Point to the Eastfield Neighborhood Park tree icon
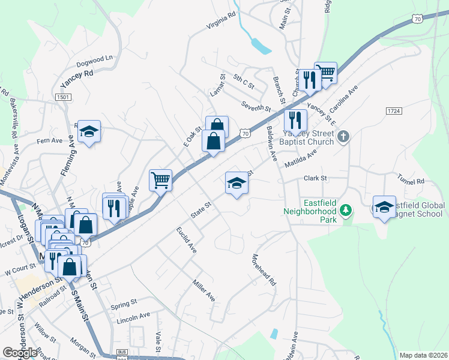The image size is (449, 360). pyautogui.click(x=345, y=211)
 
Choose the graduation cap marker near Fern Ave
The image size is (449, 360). pyautogui.click(x=89, y=132)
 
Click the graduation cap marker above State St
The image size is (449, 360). pyautogui.click(x=237, y=183)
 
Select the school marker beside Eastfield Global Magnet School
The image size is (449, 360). pyautogui.click(x=384, y=208)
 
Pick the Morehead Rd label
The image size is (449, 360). pyautogui.click(x=263, y=271)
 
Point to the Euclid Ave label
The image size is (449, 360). pyautogui.click(x=186, y=239)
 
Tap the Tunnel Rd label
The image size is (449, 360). pyautogui.click(x=411, y=180)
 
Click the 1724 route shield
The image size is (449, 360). pyautogui.click(x=394, y=112)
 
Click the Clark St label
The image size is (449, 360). pyautogui.click(x=315, y=178)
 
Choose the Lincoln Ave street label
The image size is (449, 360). pyautogui.click(x=134, y=316)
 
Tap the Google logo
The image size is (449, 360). pyautogui.click(x=20, y=353)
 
